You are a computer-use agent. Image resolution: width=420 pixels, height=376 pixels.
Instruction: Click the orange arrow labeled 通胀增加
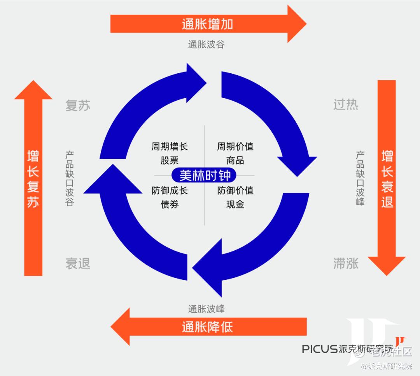click(x=207, y=24)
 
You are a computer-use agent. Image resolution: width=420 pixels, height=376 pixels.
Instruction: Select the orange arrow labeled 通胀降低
click(x=207, y=327)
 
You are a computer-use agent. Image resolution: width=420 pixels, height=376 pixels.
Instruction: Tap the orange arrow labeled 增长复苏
click(x=33, y=178)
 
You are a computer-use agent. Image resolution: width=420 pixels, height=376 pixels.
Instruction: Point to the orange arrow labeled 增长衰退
click(x=387, y=178)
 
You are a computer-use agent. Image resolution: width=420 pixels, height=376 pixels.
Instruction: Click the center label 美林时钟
click(x=205, y=175)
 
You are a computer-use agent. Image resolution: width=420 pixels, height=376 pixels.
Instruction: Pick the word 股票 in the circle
click(x=170, y=160)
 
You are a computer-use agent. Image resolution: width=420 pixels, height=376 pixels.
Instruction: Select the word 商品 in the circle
click(x=235, y=160)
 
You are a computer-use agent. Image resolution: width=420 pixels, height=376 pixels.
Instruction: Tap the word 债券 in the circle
click(x=170, y=204)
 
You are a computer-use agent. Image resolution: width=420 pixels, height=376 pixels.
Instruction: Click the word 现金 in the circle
click(x=235, y=204)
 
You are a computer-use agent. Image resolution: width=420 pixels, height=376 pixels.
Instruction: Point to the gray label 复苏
click(x=78, y=106)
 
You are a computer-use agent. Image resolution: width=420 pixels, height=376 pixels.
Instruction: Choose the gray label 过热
click(x=346, y=105)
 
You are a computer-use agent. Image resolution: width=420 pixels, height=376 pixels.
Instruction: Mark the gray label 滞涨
click(x=346, y=264)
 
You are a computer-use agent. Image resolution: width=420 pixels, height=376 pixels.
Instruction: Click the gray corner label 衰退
click(x=78, y=264)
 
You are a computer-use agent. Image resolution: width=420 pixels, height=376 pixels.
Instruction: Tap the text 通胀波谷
click(x=206, y=44)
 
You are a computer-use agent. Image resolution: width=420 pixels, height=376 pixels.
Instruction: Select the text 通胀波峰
click(x=206, y=309)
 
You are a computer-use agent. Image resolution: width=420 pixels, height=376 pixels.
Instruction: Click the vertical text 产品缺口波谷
click(x=70, y=178)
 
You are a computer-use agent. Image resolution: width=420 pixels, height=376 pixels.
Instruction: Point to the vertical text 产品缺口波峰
click(x=360, y=178)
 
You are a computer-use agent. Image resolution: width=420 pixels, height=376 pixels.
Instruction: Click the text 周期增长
click(x=170, y=147)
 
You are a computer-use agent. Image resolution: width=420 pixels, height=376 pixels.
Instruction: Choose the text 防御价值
click(x=235, y=191)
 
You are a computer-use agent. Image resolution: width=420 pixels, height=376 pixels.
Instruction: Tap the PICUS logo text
click(x=320, y=349)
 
